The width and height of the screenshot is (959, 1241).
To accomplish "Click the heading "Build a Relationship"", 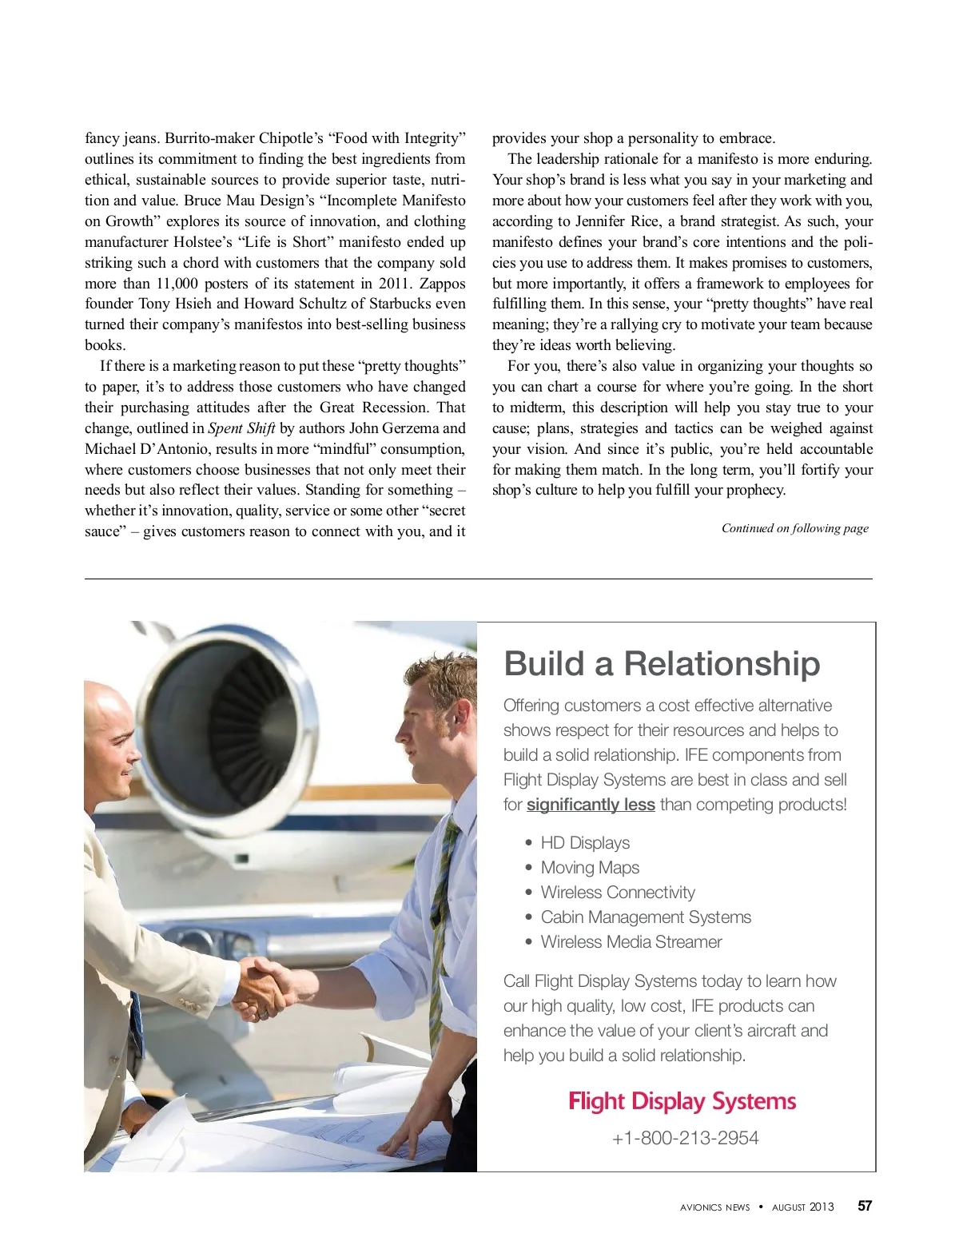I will [662, 664].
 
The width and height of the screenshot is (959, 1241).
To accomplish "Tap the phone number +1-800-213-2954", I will [685, 1138].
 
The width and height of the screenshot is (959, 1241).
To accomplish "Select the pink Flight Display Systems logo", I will [682, 1101].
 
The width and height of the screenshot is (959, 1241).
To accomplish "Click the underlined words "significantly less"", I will [591, 805].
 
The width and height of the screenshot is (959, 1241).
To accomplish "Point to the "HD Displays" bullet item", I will [585, 843].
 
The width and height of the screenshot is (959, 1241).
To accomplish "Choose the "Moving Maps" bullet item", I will [590, 868].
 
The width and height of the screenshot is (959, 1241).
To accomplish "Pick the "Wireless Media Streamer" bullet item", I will [631, 942].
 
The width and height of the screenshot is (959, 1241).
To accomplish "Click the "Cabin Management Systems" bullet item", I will [646, 917].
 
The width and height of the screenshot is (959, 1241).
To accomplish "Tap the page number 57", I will [865, 1207].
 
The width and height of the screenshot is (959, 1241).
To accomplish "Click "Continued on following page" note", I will [794, 528].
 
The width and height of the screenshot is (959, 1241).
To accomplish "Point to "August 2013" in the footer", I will [802, 1207].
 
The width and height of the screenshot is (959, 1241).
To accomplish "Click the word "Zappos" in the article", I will [442, 284].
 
